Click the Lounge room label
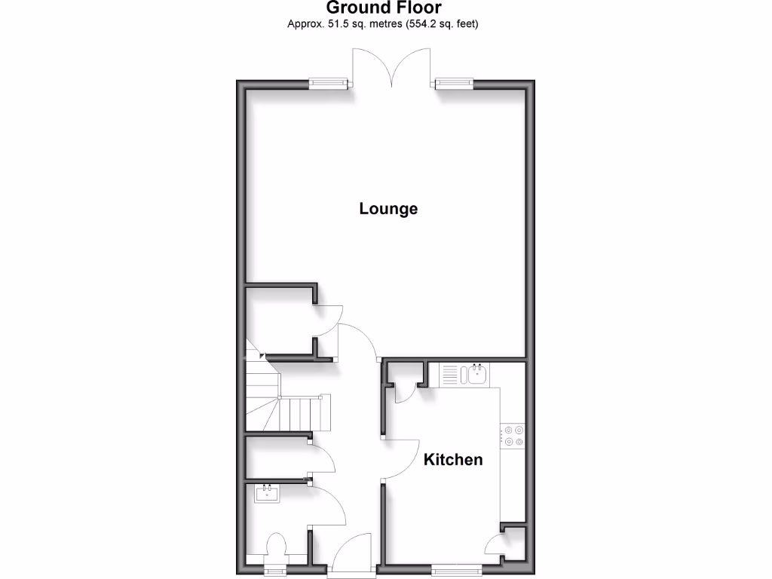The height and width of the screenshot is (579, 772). click(388, 209)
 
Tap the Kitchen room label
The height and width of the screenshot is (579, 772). click(452, 459)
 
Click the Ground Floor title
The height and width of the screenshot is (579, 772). click(384, 8)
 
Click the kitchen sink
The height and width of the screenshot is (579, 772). click(477, 373)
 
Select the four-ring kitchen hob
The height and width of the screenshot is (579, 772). click(513, 436)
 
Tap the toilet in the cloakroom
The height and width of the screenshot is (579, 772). click(275, 548)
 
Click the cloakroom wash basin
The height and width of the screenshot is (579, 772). click(268, 494)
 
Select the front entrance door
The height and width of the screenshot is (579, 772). click(351, 556)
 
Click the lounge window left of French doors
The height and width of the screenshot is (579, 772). click(329, 84)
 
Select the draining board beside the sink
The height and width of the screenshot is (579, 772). click(449, 374)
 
